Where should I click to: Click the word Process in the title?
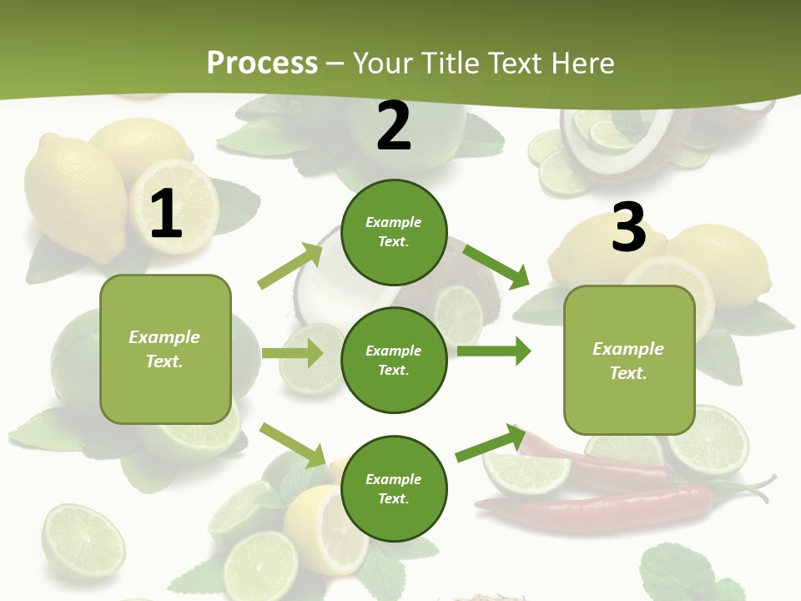262,63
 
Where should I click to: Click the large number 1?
166,215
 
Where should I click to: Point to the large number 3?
628,227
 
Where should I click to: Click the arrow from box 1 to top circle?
290,265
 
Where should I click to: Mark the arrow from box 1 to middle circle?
292,353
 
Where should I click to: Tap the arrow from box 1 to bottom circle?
292,445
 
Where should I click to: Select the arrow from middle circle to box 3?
494,351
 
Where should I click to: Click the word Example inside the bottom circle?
394,479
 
